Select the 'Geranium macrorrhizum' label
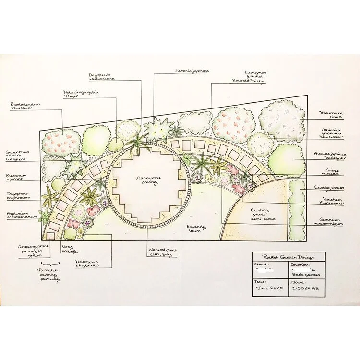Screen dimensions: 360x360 tap(332, 222)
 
